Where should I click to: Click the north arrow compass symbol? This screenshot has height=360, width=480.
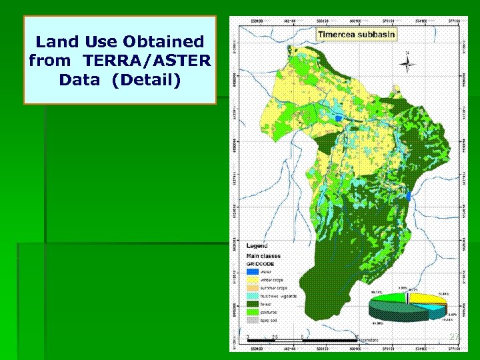click(407, 63)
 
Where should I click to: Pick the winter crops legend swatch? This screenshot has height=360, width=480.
click(252, 280)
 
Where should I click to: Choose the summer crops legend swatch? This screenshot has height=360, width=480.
click(252, 287)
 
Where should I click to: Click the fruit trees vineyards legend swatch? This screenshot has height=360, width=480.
click(252, 295)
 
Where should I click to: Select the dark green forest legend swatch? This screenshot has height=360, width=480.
click(252, 303)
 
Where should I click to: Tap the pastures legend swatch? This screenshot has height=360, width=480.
click(252, 311)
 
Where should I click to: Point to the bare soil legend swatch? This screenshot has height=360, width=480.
click(252, 319)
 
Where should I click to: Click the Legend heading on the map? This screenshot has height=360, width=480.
click(257, 246)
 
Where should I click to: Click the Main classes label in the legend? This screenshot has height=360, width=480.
click(263, 255)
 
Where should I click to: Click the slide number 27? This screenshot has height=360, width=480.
click(454, 337)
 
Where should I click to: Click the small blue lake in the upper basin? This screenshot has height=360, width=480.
click(339, 118)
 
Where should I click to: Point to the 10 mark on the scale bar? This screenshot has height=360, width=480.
click(357, 336)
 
